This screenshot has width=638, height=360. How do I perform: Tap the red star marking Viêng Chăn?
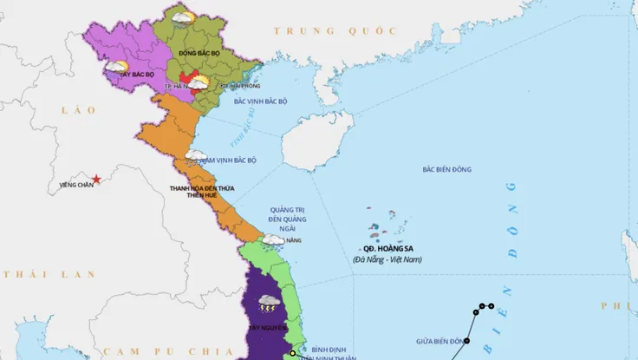click(97, 180)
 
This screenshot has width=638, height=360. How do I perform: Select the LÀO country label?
click(72, 110)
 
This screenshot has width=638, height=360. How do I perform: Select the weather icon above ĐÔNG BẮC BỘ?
click(183, 17)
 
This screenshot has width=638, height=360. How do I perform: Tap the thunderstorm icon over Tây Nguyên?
click(268, 304)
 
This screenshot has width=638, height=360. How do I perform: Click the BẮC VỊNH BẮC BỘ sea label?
click(261, 101)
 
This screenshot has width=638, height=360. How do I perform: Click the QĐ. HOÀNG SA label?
click(381, 247)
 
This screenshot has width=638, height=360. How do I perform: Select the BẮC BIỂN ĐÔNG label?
click(446, 169)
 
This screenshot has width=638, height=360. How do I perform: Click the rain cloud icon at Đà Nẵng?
click(273, 239)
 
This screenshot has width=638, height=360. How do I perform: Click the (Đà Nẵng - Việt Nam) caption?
click(388, 259)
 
